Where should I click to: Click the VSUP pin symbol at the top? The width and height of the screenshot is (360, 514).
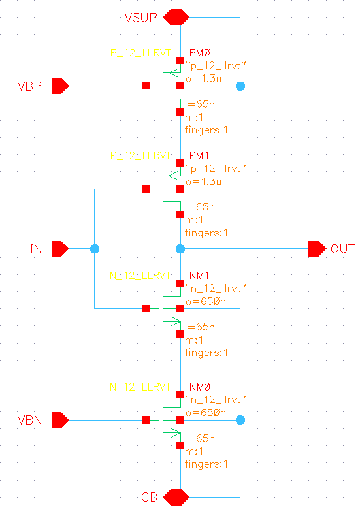click(x=176, y=18)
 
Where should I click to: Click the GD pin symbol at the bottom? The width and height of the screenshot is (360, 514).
click(x=176, y=497)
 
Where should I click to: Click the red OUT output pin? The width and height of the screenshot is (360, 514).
click(x=318, y=249)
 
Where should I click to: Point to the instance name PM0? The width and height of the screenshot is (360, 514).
click(x=199, y=52)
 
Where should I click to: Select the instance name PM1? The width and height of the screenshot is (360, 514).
click(x=198, y=157)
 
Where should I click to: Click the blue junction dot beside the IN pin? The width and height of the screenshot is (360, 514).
click(x=95, y=249)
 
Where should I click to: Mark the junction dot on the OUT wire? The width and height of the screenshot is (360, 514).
click(x=180, y=249)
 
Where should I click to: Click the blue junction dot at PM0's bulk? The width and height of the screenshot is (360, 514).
click(x=240, y=86)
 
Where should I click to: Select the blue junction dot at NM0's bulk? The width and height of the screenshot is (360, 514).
click(x=240, y=420)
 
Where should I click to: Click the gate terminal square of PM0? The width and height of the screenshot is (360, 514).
click(x=146, y=86)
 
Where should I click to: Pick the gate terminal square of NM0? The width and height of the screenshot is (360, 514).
click(x=146, y=420)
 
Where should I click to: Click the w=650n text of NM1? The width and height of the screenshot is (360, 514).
click(x=206, y=301)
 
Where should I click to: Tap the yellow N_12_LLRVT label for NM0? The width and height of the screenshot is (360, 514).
click(x=141, y=387)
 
